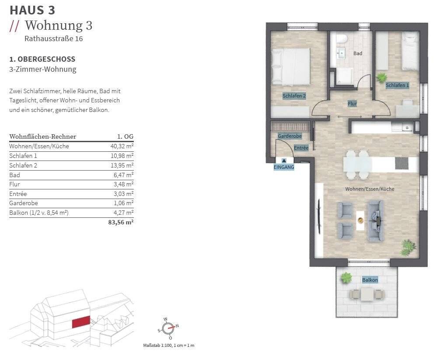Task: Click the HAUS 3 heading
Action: pos(32,10)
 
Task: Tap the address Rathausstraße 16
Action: pos(53,38)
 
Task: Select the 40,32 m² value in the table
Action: pos(122,146)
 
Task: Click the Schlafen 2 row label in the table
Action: pos(23,165)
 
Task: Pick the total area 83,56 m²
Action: pos(121,222)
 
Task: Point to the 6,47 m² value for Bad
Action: pos(123,175)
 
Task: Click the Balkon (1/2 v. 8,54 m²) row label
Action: pos(38,213)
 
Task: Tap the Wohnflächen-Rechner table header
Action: pos(43,136)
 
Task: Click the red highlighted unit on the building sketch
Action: pos(81,322)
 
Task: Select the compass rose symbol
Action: pos(168,329)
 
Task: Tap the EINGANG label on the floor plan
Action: pos(284,167)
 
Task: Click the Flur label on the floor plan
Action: pos(352,104)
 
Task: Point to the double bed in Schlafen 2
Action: pos(291,66)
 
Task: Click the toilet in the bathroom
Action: pos(341,38)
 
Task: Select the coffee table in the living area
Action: pos(360,220)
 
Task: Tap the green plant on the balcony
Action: pos(346,278)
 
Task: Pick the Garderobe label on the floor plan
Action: pos(289,136)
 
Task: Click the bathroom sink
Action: pos(341,53)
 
